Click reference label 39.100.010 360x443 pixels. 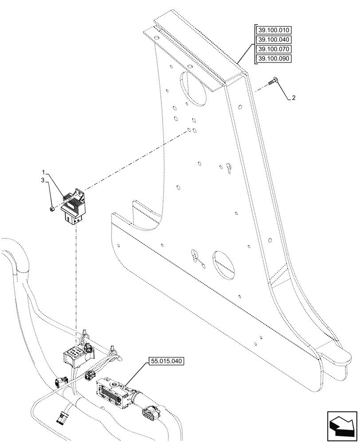coord(274,31)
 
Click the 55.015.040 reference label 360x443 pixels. coord(165,361)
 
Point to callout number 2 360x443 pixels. coord(293,98)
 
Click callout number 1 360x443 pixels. coord(43,171)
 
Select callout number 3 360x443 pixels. coord(43,181)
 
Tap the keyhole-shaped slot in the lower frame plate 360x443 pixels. coord(195,256)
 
